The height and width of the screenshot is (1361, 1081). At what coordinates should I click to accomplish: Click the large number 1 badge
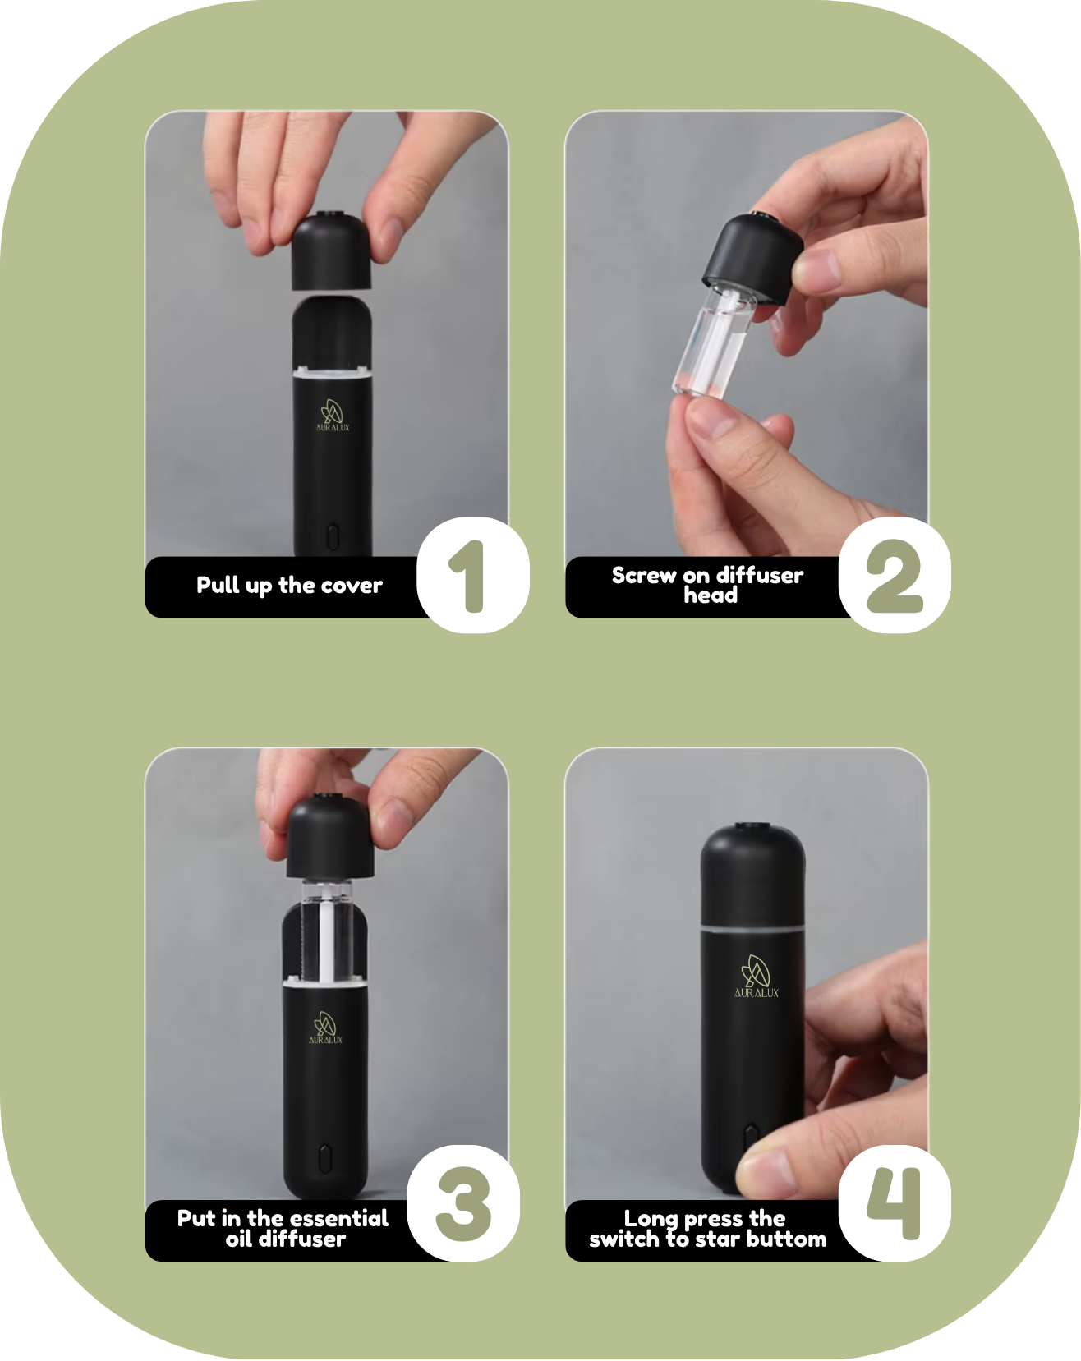point(473,575)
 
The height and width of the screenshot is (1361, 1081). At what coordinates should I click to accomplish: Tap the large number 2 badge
point(895,575)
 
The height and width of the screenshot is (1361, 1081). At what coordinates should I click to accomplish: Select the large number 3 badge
point(463,1203)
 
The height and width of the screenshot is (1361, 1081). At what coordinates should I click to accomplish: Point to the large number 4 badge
point(895,1203)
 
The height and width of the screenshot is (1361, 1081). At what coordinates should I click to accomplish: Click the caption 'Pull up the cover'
point(289,586)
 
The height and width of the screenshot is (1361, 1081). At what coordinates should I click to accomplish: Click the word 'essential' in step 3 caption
point(339,1218)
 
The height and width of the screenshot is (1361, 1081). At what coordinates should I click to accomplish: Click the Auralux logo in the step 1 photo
point(333,416)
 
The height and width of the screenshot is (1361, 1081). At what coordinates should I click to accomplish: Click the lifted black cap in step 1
point(332,251)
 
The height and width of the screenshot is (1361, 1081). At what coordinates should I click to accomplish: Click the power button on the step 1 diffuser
point(332,537)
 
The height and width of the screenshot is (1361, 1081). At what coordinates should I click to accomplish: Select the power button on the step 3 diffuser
point(324,1158)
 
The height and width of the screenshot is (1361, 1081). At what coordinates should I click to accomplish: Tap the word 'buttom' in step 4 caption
point(786,1239)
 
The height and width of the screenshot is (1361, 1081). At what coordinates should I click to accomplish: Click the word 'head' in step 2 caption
point(711,595)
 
